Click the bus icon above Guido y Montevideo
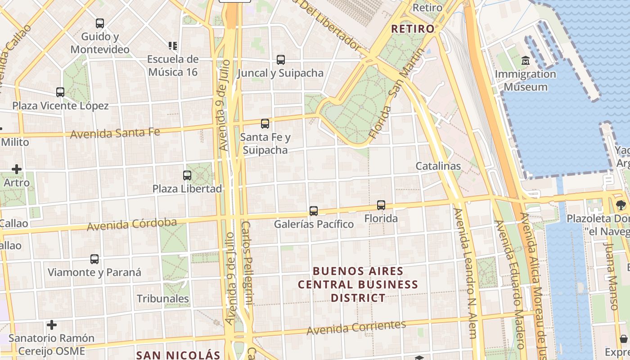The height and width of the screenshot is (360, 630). (100, 23)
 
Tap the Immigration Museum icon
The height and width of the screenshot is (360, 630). (525, 60)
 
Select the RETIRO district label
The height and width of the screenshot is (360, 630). (413, 29)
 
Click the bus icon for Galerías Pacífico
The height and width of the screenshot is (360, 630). (314, 211)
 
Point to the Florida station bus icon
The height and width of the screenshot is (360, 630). (381, 205)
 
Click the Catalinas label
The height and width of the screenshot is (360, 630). (438, 166)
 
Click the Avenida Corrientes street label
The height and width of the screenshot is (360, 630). (356, 328)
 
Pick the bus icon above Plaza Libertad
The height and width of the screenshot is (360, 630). (187, 175)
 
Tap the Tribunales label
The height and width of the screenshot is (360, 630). (163, 299)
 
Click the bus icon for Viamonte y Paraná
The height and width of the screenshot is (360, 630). (94, 259)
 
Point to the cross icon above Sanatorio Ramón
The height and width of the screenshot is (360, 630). (52, 325)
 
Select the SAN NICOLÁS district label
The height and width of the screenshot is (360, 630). (178, 355)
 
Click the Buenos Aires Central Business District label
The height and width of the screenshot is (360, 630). (358, 284)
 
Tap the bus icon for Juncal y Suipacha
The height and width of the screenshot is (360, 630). (281, 59)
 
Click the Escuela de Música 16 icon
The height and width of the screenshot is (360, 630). (173, 45)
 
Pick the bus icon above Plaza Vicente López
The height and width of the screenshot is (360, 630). (60, 92)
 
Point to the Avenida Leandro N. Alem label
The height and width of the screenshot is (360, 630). (465, 273)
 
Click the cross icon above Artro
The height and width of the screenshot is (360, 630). (17, 169)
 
